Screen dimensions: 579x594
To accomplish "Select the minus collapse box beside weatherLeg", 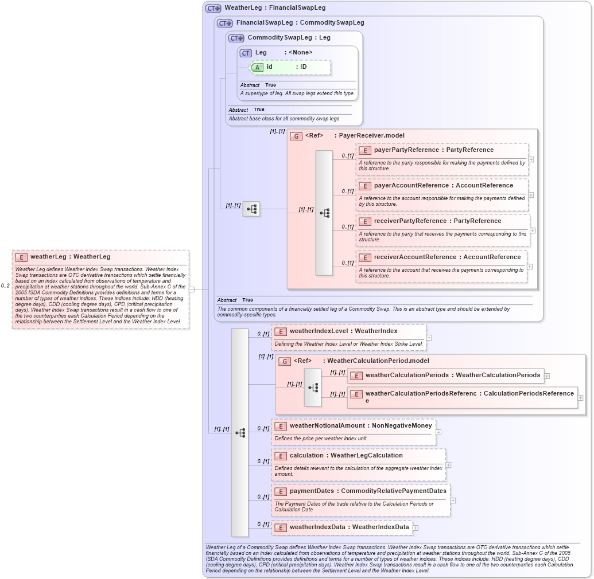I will click(192, 289).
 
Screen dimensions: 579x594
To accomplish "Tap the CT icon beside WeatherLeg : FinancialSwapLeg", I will click(213, 8).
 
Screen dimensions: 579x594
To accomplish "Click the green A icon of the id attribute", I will click(258, 67).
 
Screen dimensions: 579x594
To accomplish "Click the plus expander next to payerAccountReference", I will click(531, 195).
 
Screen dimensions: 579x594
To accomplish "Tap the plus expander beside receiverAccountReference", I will click(530, 267).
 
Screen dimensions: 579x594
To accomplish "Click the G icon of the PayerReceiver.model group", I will click(296, 136).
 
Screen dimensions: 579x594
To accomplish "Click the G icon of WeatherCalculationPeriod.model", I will click(284, 361).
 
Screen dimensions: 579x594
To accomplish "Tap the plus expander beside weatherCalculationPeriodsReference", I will click(581, 397).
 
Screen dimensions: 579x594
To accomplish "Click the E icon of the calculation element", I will click(281, 456).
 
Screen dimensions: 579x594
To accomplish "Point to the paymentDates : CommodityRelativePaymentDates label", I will click(367, 491).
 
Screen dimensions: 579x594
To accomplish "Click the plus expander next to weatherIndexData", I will click(416, 527).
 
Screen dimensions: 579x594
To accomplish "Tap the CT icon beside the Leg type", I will click(246, 53).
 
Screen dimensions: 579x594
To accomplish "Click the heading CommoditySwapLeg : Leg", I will click(289, 38).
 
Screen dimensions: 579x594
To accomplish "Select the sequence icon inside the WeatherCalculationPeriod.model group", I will click(313, 388).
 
